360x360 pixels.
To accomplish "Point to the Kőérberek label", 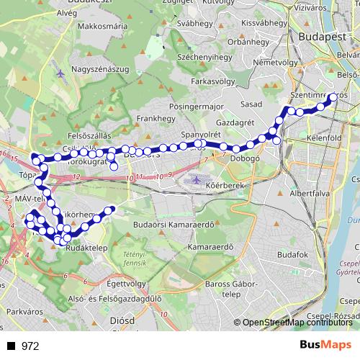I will point(243,184).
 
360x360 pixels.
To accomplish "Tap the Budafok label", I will point(292,255).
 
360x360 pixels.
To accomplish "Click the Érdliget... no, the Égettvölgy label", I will point(110,283).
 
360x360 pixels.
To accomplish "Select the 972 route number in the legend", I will point(30,346).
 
